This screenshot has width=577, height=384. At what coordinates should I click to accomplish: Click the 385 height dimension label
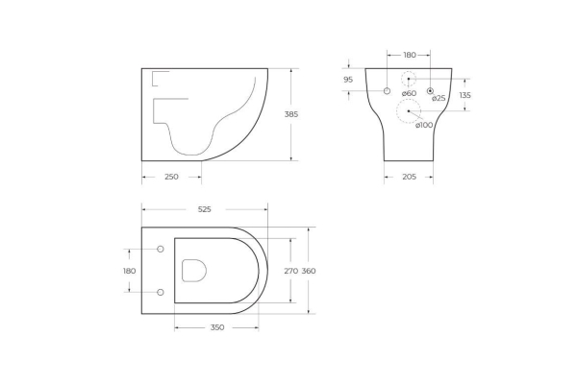pyautogui.click(x=291, y=114)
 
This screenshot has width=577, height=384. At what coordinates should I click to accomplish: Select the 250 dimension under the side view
pyautogui.click(x=170, y=177)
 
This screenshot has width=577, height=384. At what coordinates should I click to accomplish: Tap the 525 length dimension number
pyautogui.click(x=204, y=208)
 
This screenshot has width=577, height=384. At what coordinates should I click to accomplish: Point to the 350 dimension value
pyautogui.click(x=216, y=327)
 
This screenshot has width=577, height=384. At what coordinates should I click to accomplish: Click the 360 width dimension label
pyautogui.click(x=309, y=271)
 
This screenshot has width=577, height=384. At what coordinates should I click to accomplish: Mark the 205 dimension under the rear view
pyautogui.click(x=408, y=177)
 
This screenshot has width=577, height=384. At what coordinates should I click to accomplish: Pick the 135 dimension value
pyautogui.click(x=465, y=95)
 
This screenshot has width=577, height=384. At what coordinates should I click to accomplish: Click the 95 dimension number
pyautogui.click(x=347, y=80)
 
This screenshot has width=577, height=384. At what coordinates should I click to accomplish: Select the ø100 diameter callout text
pyautogui.click(x=424, y=126)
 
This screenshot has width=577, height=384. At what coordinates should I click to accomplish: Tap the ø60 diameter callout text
pyautogui.click(x=409, y=94)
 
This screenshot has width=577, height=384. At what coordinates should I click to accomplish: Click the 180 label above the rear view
pyautogui.click(x=409, y=55)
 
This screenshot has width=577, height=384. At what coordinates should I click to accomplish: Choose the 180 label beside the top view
pyautogui.click(x=129, y=271)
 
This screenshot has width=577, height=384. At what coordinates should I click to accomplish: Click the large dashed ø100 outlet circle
pyautogui.click(x=409, y=111)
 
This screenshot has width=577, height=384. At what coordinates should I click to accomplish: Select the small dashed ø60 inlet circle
pyautogui.click(x=409, y=79)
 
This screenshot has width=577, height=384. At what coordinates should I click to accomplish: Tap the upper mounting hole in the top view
pyautogui.click(x=161, y=250)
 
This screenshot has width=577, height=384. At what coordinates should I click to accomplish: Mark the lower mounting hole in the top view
pyautogui.click(x=161, y=291)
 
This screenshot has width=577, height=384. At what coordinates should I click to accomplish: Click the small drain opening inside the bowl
pyautogui.click(x=194, y=271)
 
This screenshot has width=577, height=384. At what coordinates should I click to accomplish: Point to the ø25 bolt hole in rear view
pyautogui.click(x=431, y=90)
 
